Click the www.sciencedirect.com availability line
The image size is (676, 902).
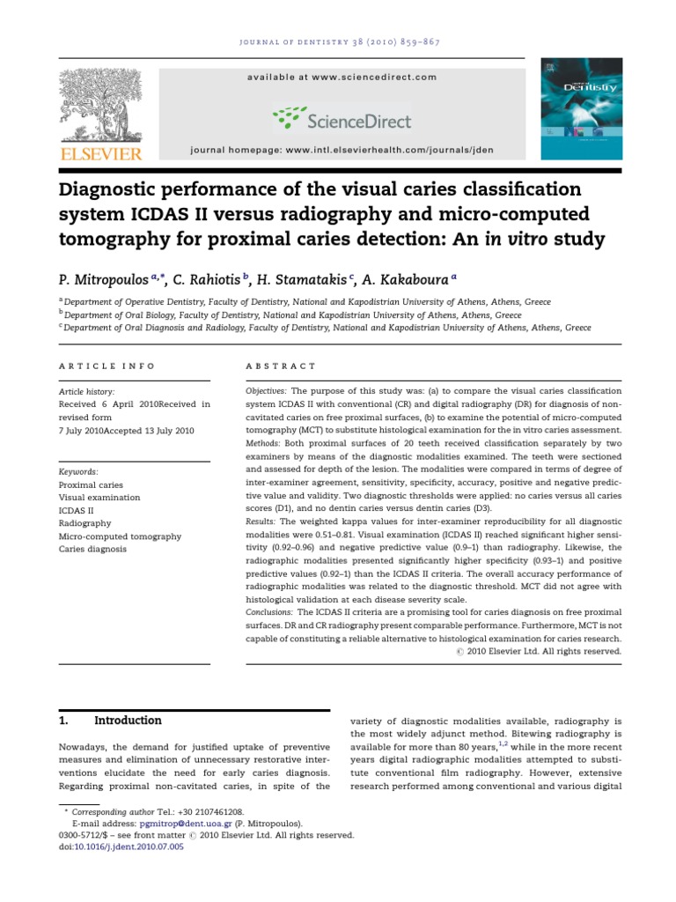342,78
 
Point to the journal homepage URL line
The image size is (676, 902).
342,151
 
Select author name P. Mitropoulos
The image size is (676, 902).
110,279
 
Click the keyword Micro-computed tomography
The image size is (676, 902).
120,536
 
